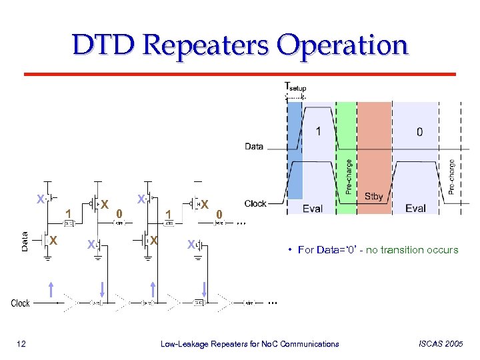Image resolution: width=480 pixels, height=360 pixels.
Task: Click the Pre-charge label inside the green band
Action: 348,177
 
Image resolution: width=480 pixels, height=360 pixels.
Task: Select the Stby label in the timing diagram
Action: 374,197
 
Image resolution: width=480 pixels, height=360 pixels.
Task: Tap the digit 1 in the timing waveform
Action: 318,131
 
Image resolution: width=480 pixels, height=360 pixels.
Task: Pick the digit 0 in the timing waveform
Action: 419,132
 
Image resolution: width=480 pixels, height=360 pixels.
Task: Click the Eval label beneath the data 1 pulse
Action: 312,209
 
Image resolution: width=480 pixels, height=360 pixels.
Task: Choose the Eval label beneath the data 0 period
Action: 415,209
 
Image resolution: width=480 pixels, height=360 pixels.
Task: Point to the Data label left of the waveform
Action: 254,146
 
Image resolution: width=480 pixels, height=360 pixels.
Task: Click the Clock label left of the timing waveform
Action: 256,203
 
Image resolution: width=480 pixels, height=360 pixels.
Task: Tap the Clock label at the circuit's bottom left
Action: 21,303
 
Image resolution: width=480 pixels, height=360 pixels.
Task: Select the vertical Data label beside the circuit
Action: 25,241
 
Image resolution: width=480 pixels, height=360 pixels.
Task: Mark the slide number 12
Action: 21,344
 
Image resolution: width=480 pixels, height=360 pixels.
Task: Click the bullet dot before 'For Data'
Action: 291,250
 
